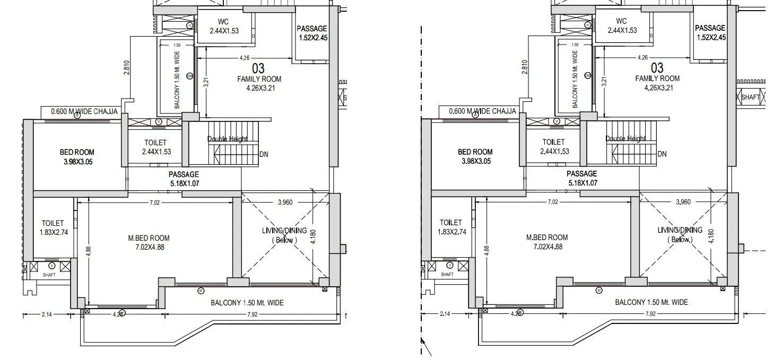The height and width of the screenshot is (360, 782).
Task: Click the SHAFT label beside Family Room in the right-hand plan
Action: (x=750, y=98)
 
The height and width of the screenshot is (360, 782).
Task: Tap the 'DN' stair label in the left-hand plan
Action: (x=264, y=155)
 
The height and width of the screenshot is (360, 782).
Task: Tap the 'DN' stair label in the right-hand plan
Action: (x=662, y=154)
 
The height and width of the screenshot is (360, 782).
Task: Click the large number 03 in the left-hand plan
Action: (x=258, y=68)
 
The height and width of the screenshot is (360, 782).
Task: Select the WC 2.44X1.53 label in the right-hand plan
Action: (x=622, y=25)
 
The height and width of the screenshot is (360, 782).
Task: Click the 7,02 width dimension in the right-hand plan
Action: (x=552, y=201)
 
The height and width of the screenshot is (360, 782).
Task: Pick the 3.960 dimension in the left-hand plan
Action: (x=284, y=202)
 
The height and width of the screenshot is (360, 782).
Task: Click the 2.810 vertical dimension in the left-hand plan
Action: (x=127, y=67)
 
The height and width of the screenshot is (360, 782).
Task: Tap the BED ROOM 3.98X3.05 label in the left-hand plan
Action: (x=77, y=157)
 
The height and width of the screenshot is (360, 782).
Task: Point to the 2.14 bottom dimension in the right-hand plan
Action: (x=445, y=314)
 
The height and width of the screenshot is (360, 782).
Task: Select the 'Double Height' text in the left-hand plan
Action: (x=227, y=139)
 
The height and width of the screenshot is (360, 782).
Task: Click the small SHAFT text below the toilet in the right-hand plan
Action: (x=447, y=274)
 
